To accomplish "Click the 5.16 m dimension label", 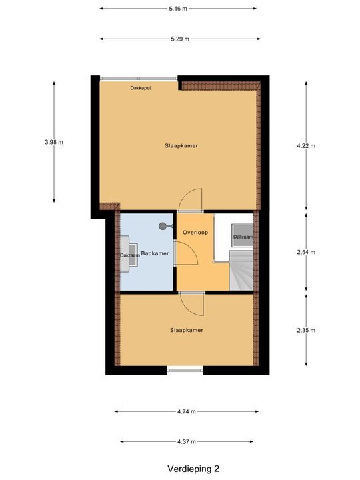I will click(179, 9).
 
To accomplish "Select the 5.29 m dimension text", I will click(179, 39).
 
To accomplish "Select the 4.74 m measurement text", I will click(186, 412).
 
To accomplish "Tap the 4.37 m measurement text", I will click(186, 441).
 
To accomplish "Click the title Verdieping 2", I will click(193, 469).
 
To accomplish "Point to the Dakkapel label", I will click(140, 87).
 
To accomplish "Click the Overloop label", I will click(195, 232).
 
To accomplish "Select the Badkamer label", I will click(155, 253).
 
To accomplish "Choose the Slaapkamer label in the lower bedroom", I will click(186, 330).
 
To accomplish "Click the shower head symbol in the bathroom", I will click(163, 226).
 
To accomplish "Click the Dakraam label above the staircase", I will click(243, 237).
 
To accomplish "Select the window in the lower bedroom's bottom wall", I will click(185, 369).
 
